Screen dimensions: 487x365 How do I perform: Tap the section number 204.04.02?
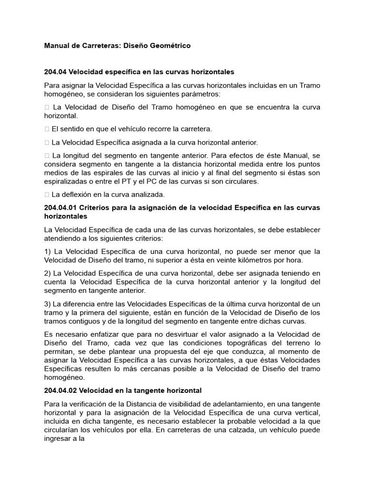coord(60,390)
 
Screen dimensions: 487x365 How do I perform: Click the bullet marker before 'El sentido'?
coord(47,129)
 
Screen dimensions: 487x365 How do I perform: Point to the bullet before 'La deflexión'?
coord(47,194)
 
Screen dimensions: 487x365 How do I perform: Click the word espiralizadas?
coord(66,181)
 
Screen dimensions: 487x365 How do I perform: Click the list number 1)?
coord(48,251)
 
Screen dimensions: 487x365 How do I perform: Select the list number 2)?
coord(48,273)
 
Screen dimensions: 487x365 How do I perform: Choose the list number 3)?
coord(48,303)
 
